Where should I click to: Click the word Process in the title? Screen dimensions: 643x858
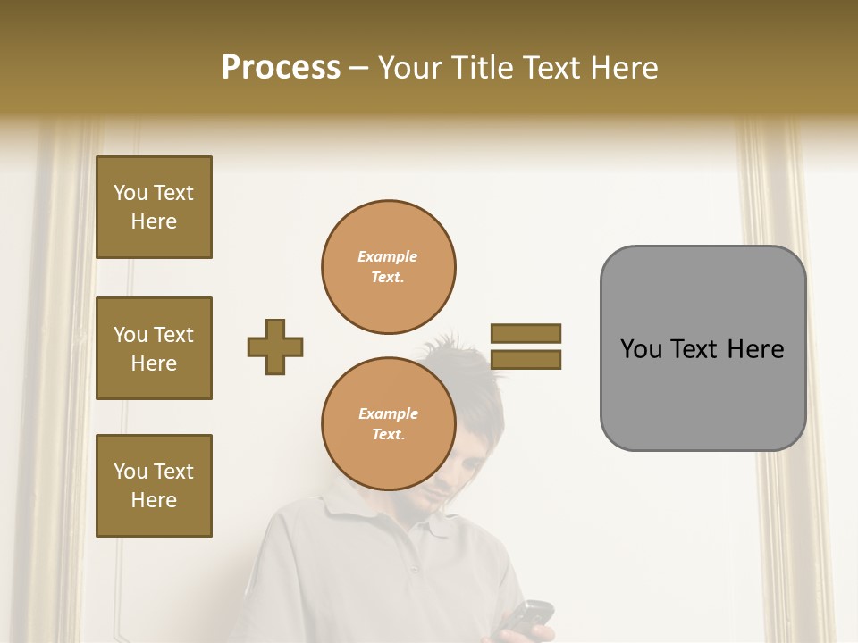click(x=281, y=68)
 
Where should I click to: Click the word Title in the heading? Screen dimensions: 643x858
click(x=481, y=68)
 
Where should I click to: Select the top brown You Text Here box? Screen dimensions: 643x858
click(x=154, y=207)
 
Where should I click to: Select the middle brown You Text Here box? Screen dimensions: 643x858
click(x=154, y=348)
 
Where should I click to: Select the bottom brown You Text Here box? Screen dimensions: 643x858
click(x=154, y=486)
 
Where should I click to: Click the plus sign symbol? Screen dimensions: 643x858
click(x=275, y=347)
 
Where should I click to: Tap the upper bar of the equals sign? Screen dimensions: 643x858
click(x=526, y=333)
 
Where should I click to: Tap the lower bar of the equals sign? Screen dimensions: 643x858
click(x=526, y=360)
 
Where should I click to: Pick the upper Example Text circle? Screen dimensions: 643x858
click(x=388, y=267)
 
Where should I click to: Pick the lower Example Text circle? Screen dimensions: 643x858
click(x=388, y=424)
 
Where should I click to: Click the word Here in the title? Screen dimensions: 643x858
click(x=626, y=68)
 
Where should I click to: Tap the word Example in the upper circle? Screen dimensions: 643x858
click(x=388, y=257)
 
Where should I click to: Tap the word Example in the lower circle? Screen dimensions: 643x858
click(x=388, y=414)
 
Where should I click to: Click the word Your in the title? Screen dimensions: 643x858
click(x=410, y=68)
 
